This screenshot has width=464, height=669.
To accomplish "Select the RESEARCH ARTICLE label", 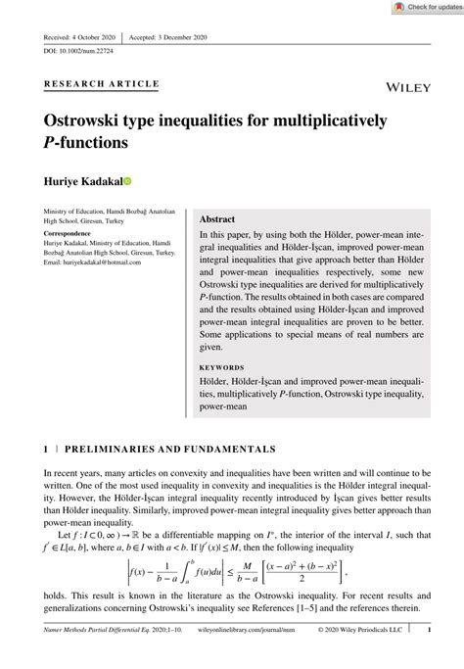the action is pos(102,83).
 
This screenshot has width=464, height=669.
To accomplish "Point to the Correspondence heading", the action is pos(68,234).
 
